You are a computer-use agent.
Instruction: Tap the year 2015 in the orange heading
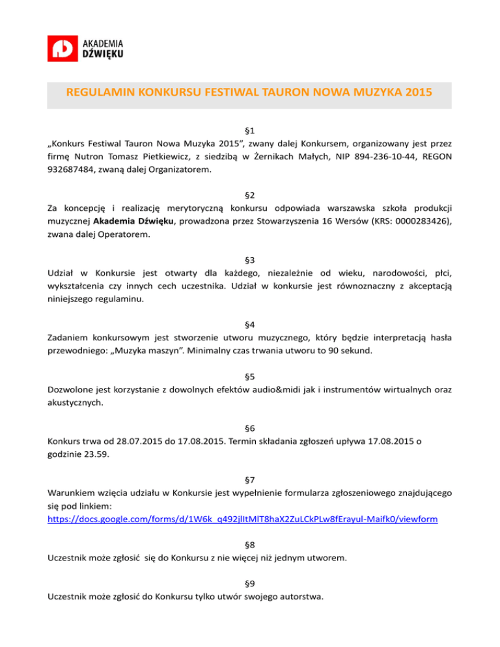pos(416,91)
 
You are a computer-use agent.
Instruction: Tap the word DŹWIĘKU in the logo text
pos(104,53)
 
